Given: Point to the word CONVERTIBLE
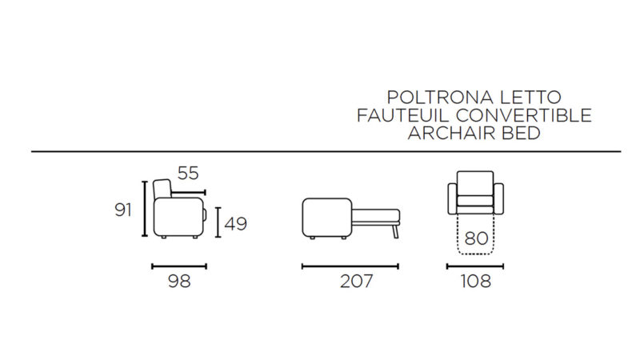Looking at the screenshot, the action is tap(524, 115).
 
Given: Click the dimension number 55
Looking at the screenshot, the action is tap(188, 174).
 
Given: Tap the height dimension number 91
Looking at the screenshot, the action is tap(123, 210).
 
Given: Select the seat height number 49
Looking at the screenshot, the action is tap(236, 224).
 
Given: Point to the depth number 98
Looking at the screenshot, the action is tap(179, 282).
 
